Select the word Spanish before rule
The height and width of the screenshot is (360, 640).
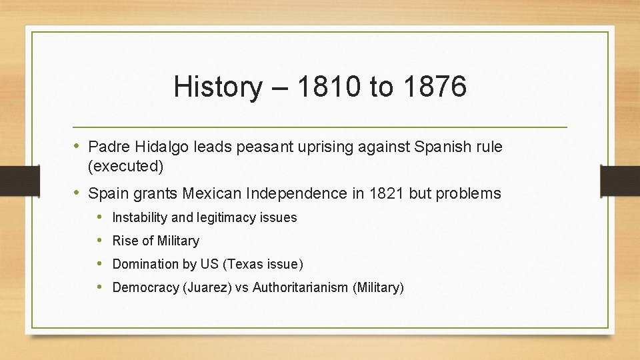point(439,146)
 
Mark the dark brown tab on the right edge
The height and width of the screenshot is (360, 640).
point(619,181)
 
